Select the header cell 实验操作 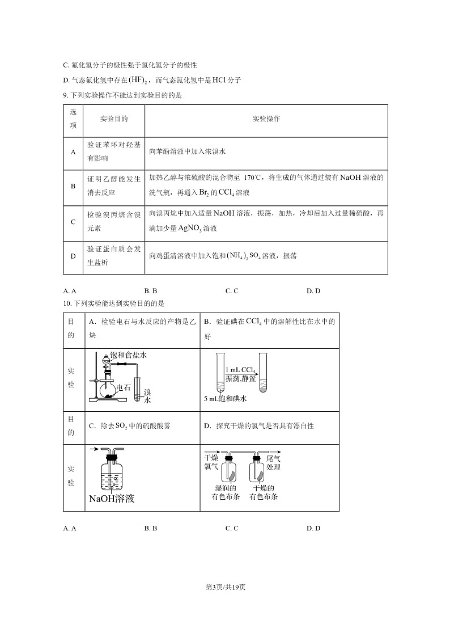click(x=266, y=119)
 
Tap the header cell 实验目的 click(x=114, y=119)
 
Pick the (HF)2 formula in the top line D click(x=138, y=80)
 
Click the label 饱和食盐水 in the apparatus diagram click(x=129, y=355)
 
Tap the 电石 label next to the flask click(x=123, y=388)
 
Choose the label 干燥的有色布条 click(x=264, y=492)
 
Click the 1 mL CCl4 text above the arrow click(x=240, y=370)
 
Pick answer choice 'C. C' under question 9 click(x=231, y=291)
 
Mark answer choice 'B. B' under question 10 click(x=150, y=528)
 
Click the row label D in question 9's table click(x=73, y=256)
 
